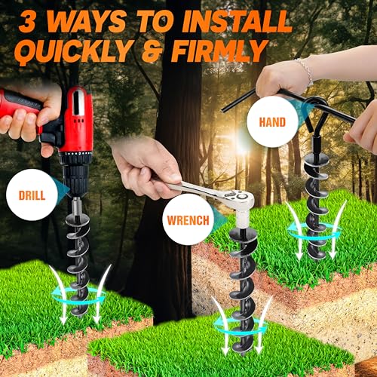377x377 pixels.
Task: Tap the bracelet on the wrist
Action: (x=305, y=72)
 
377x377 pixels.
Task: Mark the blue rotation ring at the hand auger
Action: (x=314, y=233)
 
